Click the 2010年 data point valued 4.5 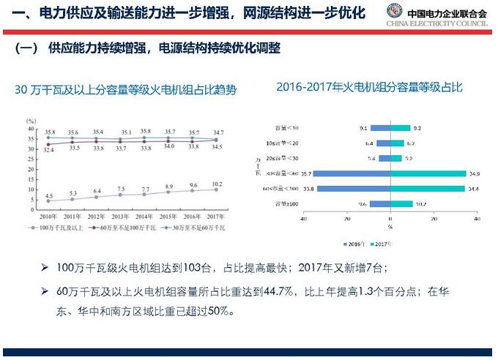(48, 200)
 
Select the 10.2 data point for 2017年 (216, 189)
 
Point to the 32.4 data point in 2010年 (48, 144)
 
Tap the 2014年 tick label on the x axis (144, 217)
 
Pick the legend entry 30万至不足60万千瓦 (193, 228)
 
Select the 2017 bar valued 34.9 (428, 173)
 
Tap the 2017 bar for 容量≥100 (401, 203)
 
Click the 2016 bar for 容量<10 (379, 128)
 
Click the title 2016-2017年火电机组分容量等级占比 (369, 87)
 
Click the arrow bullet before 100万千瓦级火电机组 (46, 269)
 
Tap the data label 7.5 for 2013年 (121, 189)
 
